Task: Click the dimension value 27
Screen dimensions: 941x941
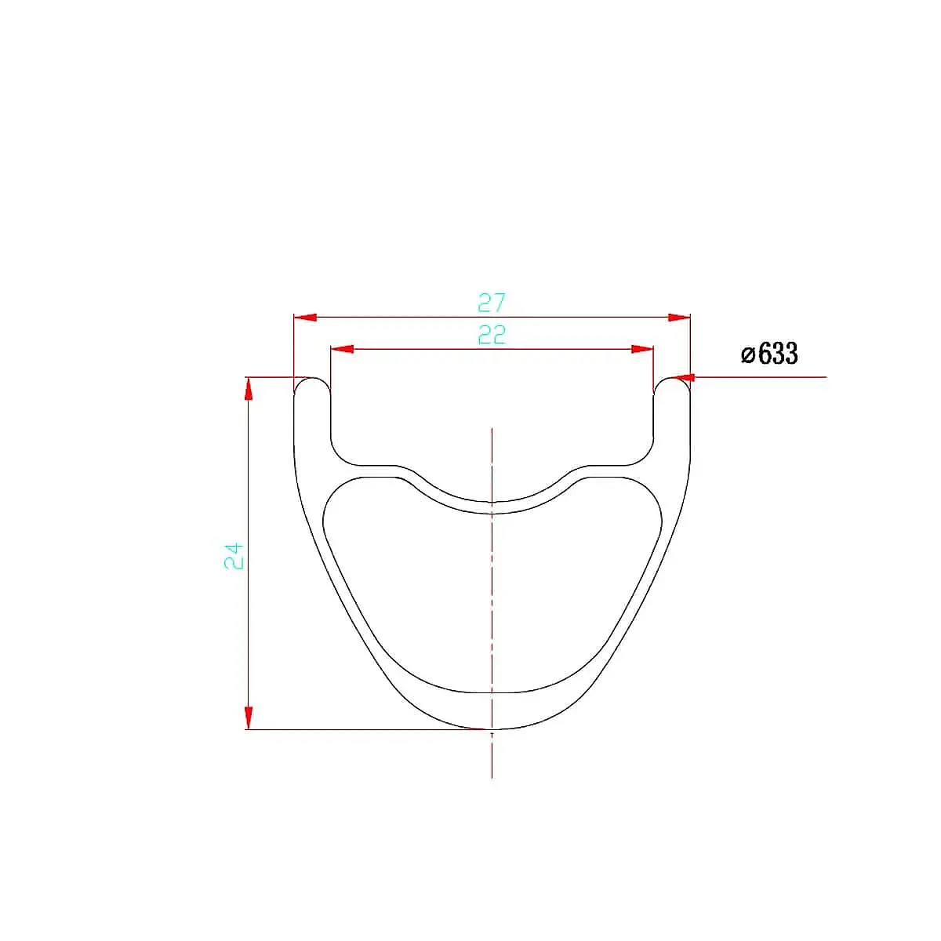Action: (x=491, y=303)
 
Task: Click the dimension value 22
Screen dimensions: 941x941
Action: (x=492, y=335)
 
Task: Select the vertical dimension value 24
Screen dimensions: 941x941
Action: (x=234, y=555)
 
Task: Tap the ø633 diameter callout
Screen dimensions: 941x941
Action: (x=769, y=353)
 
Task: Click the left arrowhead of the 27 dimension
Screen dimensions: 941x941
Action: (x=305, y=318)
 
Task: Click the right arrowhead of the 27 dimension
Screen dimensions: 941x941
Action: (x=679, y=318)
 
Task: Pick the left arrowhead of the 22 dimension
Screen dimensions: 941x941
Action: (x=342, y=349)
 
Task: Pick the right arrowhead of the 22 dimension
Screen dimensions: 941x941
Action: (x=641, y=349)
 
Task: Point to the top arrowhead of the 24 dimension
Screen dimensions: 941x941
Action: (x=249, y=389)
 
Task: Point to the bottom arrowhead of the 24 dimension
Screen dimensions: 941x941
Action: (x=249, y=718)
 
